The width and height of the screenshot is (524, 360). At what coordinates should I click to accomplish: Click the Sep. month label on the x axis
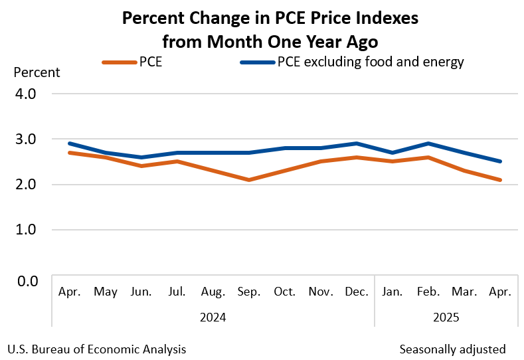point(248,292)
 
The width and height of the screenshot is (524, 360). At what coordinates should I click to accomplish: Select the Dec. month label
point(357,292)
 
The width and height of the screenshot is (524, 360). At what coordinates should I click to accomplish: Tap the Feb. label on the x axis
point(428,292)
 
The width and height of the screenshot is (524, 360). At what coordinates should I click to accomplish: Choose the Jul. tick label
point(177,292)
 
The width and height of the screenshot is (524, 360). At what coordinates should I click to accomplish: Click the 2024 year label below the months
point(213,317)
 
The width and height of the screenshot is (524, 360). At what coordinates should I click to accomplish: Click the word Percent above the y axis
point(37,72)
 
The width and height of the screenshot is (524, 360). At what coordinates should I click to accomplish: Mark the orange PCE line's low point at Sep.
point(248,179)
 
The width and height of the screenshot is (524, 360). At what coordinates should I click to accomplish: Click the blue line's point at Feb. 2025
point(428,143)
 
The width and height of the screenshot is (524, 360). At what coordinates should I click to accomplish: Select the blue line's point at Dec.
point(357,143)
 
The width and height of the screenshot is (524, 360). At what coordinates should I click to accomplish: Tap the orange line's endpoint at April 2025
point(500,179)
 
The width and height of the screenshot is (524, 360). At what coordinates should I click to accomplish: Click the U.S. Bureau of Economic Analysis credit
point(97,349)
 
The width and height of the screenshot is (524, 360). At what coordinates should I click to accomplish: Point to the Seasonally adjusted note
point(452,349)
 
